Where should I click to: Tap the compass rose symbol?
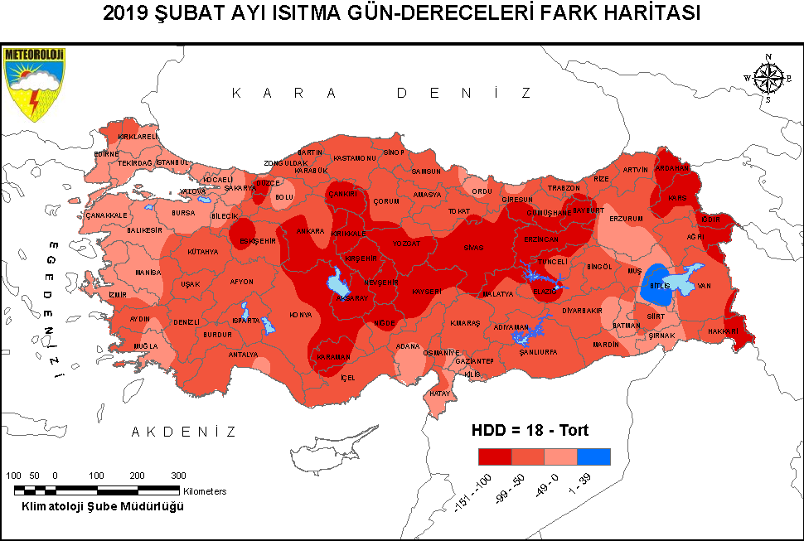768,78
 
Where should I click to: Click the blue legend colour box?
593,456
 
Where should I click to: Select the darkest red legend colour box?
495,456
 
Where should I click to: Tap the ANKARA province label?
309,231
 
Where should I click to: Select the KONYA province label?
300,315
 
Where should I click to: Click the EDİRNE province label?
107,153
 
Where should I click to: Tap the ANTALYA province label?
243,355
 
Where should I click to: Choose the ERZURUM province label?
626,219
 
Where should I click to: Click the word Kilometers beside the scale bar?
205,491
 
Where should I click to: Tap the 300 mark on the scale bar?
178,476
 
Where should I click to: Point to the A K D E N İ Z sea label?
184,432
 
